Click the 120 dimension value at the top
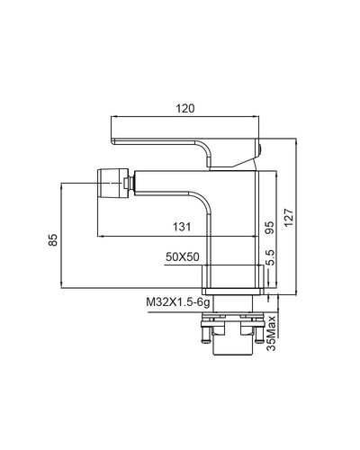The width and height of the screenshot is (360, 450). pyautogui.click(x=184, y=108)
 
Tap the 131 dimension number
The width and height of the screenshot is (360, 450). pyautogui.click(x=182, y=226)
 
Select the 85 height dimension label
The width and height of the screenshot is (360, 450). pyautogui.click(x=53, y=239)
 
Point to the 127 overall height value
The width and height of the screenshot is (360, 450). pyautogui.click(x=289, y=218)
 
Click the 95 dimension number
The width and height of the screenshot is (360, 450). pyautogui.click(x=269, y=228)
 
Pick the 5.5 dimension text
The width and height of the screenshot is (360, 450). pyautogui.click(x=270, y=257)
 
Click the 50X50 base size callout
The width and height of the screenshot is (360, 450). pyautogui.click(x=183, y=257)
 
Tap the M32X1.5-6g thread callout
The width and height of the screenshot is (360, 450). pyautogui.click(x=178, y=302)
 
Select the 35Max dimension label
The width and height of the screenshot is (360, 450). pyautogui.click(x=271, y=333)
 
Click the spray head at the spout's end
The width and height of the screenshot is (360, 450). pyautogui.click(x=111, y=183)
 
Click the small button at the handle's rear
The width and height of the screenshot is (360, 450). pyautogui.click(x=260, y=149)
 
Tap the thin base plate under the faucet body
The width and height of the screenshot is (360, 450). pyautogui.click(x=233, y=292)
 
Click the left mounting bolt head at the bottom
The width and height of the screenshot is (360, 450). pyautogui.click(x=206, y=341)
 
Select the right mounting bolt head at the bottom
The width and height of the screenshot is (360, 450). pyautogui.click(x=258, y=341)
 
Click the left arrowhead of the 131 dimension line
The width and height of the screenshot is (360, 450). pyautogui.click(x=100, y=237)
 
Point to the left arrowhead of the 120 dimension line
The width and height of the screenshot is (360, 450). pyautogui.click(x=113, y=116)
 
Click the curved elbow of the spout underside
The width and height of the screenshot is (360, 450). pyautogui.click(x=202, y=201)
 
